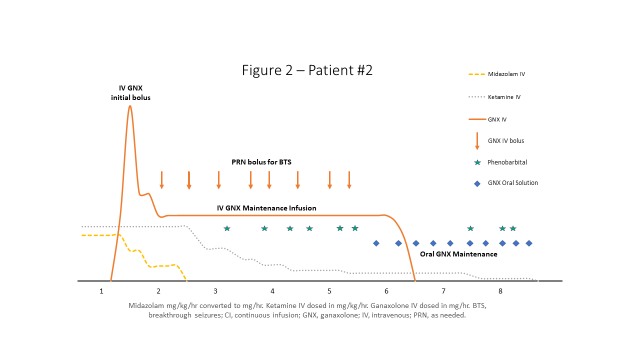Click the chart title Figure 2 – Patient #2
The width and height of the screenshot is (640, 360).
click(x=307, y=70)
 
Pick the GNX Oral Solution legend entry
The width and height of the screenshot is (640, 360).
click(x=512, y=183)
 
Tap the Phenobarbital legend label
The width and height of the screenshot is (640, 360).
click(x=507, y=162)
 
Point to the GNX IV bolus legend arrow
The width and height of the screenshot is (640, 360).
click(x=477, y=141)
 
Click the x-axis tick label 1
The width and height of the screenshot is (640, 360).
click(x=101, y=291)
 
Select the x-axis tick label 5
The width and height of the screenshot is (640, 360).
click(x=329, y=291)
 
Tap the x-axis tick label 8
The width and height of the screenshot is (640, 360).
click(x=500, y=291)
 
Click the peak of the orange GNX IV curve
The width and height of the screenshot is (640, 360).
click(x=130, y=106)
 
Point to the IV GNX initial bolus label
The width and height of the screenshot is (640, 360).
click(x=130, y=93)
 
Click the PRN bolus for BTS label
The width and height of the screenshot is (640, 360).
click(x=261, y=162)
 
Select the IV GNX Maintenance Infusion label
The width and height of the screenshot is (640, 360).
click(x=266, y=208)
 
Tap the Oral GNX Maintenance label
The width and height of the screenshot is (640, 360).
click(x=458, y=254)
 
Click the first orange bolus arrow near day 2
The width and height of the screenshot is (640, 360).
click(x=161, y=180)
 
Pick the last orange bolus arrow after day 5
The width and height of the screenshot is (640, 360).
click(x=349, y=180)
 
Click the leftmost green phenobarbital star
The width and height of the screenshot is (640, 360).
click(x=227, y=228)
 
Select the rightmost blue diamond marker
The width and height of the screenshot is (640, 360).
click(x=529, y=243)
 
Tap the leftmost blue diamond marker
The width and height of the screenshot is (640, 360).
click(x=376, y=243)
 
